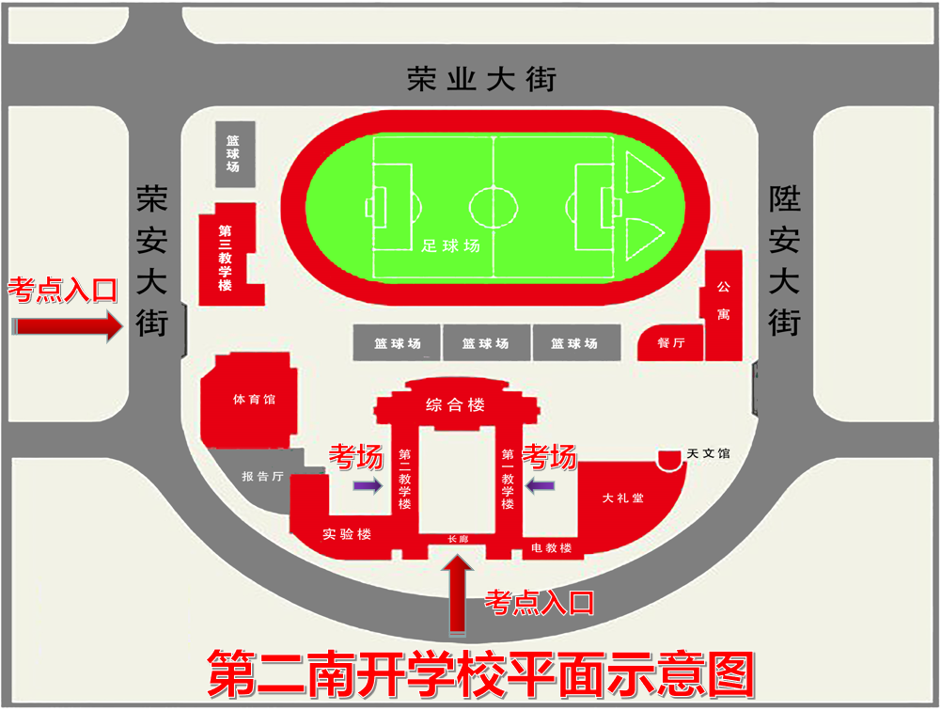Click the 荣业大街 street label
coord(481,78)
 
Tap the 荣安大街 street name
coord(151,260)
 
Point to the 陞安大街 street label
coord(784,260)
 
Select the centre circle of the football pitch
coord(494,204)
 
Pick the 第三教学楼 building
coord(226,255)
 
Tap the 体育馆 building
coord(252,398)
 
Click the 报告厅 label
coord(262,476)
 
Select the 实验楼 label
coord(347,534)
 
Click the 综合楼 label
coord(456,405)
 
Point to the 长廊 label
coord(457,540)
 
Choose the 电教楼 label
coord(552,547)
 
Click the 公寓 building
coord(723,301)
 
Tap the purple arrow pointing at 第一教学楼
coord(541,485)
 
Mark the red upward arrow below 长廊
coord(457,590)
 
